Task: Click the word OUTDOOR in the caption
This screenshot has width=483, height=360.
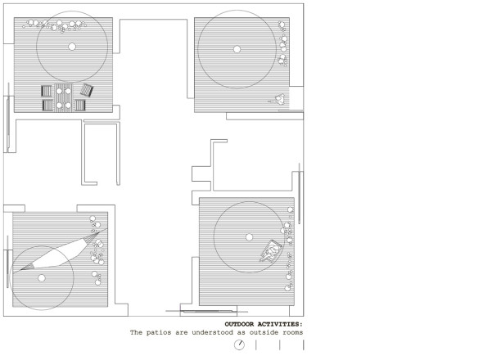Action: click(239, 324)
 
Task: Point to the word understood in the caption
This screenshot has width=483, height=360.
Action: click(212, 333)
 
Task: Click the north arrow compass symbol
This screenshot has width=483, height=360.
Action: click(239, 345)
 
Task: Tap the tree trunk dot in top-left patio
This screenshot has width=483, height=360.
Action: click(72, 47)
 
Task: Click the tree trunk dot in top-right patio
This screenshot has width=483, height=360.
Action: click(237, 49)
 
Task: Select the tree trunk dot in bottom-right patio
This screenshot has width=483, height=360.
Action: click(249, 237)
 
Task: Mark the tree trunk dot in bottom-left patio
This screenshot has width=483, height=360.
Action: click(42, 278)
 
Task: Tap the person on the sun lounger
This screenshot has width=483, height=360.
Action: click(271, 251)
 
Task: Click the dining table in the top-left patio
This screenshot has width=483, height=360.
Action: click(64, 98)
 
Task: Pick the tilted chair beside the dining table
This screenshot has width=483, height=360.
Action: click(87, 90)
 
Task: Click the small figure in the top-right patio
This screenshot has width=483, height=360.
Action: click(278, 99)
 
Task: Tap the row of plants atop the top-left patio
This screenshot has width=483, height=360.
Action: click(55, 25)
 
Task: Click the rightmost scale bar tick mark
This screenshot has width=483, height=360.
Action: click(304, 345)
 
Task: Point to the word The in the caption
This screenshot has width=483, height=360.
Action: click(136, 333)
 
